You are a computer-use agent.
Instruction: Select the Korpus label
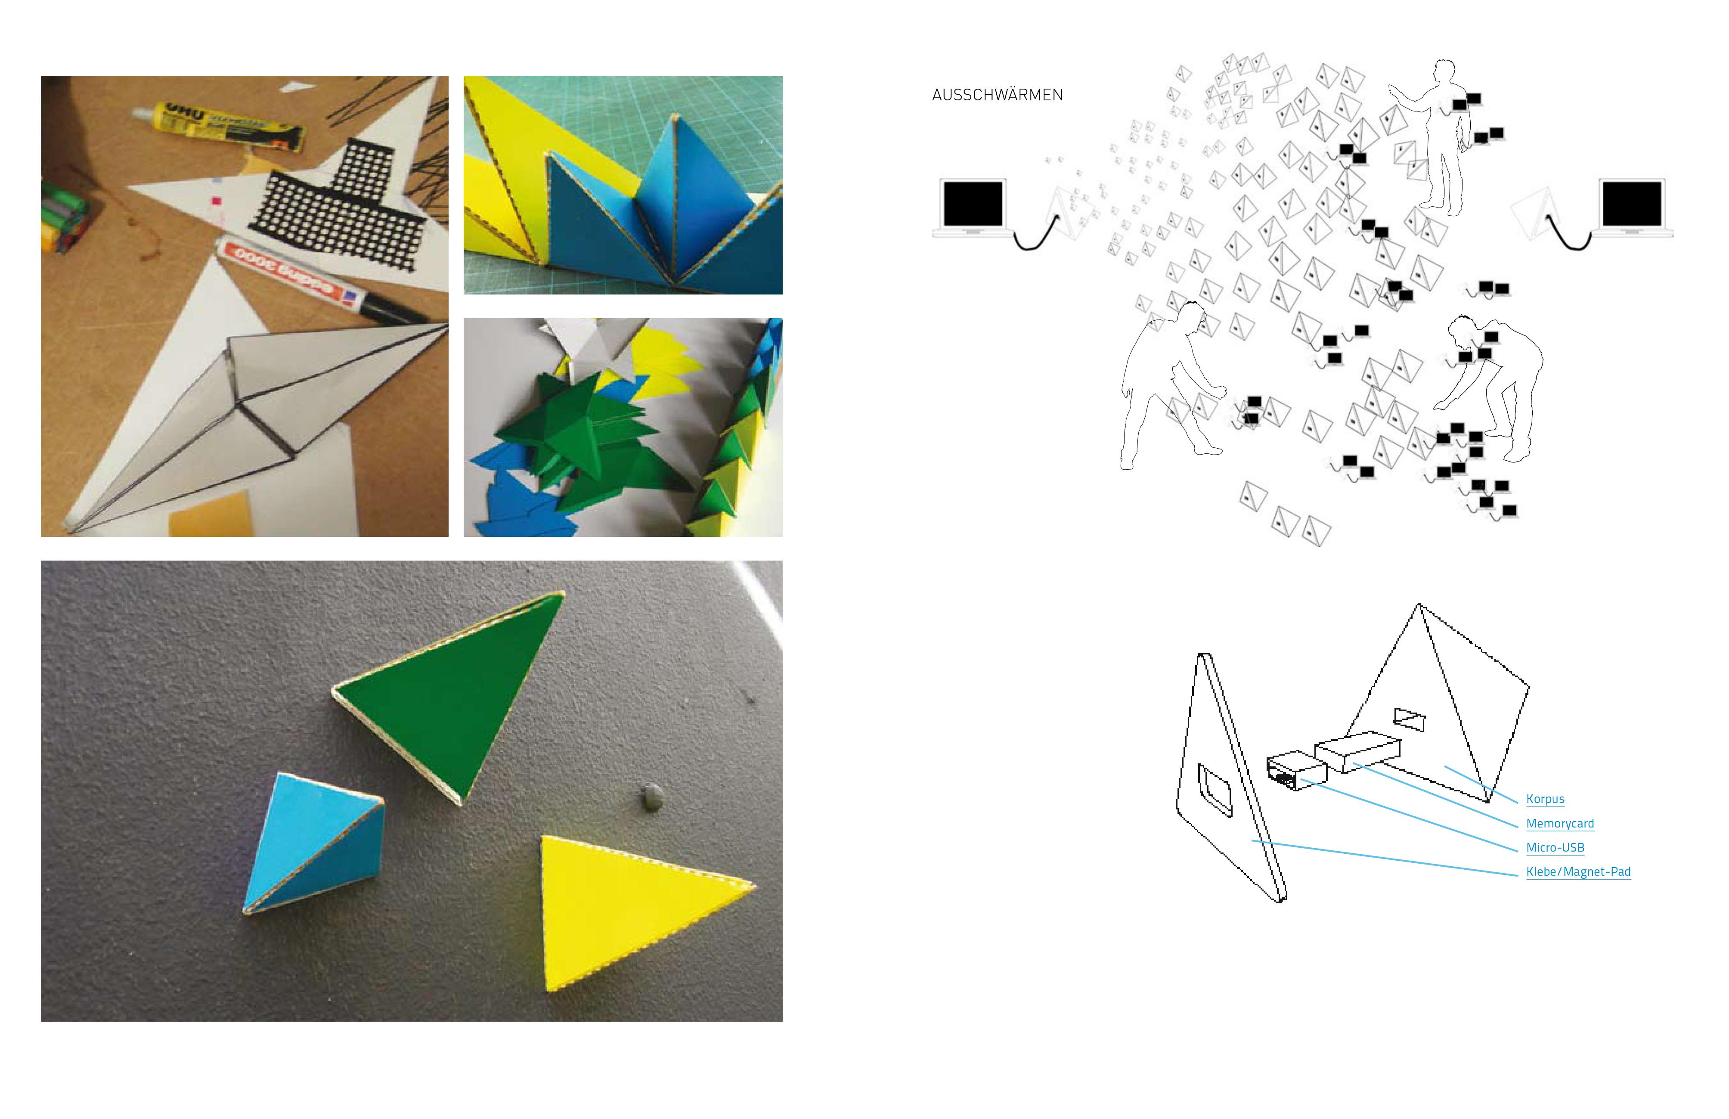pos(1545,799)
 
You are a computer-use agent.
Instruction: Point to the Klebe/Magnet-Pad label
pos(1578,872)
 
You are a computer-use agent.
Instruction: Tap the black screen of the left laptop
pos(972,204)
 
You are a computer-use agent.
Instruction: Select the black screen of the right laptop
pos(1632,204)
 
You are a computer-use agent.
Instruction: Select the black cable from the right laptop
pos(1569,236)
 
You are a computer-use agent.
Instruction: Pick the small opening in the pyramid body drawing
pos(1410,719)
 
